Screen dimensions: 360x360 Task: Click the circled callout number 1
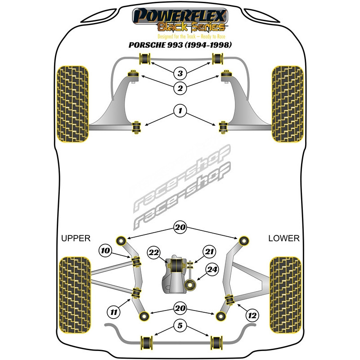pyautogui.click(x=180, y=110)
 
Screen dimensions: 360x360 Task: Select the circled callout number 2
pyautogui.click(x=180, y=89)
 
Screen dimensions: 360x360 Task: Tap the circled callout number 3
pyautogui.click(x=180, y=73)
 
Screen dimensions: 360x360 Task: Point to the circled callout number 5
pyautogui.click(x=180, y=325)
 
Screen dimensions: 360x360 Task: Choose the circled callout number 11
pyautogui.click(x=113, y=310)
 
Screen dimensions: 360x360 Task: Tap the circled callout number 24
pyautogui.click(x=212, y=270)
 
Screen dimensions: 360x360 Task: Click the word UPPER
pyautogui.click(x=76, y=238)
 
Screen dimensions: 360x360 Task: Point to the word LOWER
pyautogui.click(x=283, y=238)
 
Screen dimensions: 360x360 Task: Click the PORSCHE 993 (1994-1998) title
pyautogui.click(x=180, y=45)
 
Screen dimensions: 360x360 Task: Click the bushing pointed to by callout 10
pyautogui.click(x=135, y=261)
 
